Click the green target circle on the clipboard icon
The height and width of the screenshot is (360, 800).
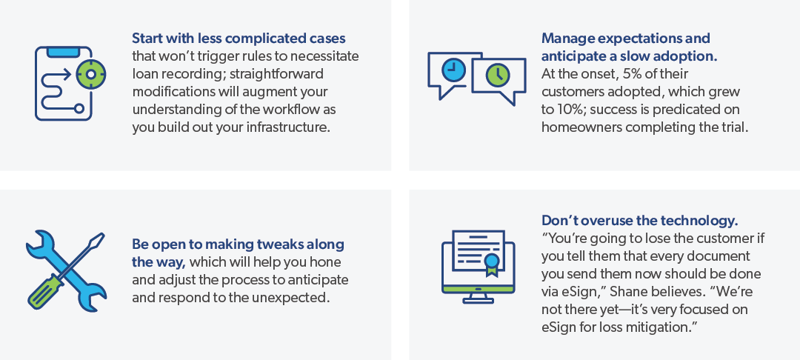91,74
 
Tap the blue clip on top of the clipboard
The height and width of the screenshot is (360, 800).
63,52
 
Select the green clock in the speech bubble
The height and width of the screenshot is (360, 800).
498,75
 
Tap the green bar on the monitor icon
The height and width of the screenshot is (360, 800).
478,290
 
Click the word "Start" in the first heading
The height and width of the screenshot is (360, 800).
147,39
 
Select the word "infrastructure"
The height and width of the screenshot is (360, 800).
287,127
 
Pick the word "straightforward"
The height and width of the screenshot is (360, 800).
276,74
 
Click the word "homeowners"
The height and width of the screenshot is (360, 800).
581,127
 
